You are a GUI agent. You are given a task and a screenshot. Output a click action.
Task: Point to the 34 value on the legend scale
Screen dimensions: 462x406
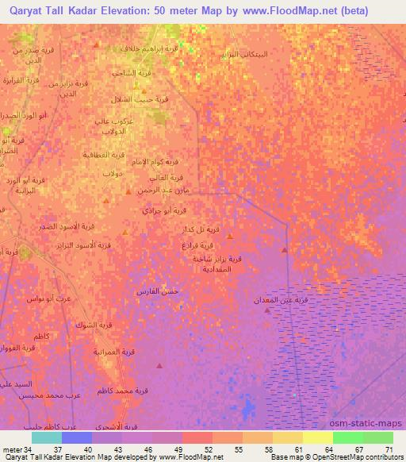[x=29, y=450]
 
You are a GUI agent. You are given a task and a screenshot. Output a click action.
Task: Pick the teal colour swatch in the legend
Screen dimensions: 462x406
[x=47, y=437]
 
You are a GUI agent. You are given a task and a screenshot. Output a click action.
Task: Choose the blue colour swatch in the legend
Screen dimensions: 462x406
[x=77, y=437]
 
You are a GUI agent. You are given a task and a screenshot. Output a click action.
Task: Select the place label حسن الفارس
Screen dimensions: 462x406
[x=159, y=292]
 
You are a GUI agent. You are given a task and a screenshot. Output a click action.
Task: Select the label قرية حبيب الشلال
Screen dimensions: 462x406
[x=150, y=100]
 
